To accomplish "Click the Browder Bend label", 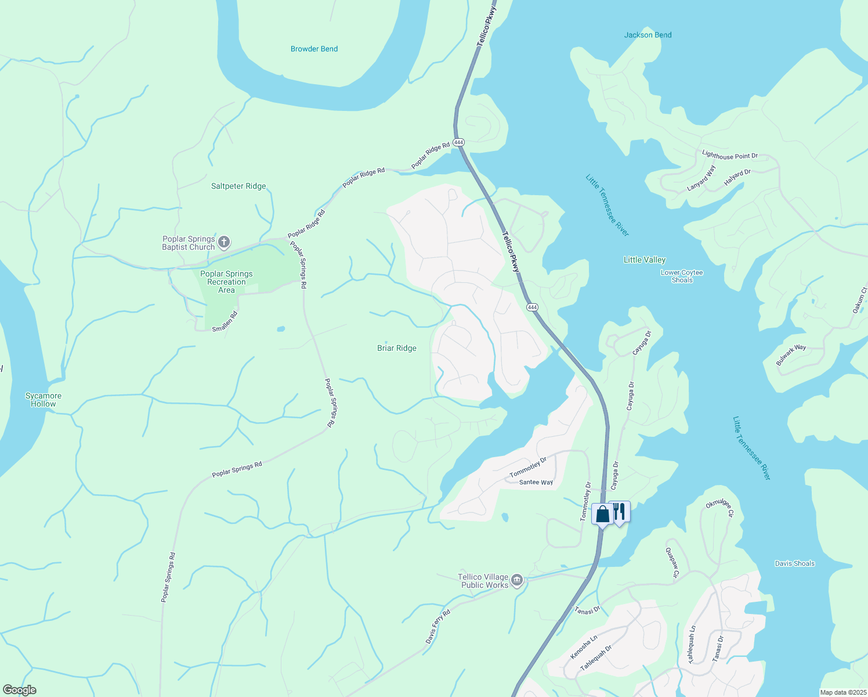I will tap(314, 49).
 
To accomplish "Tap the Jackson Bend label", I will tap(648, 35).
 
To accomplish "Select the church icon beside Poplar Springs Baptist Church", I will tap(224, 242).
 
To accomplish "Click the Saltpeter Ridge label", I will tap(238, 186).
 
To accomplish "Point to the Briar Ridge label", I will tap(397, 348).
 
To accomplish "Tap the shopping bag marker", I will tap(603, 514).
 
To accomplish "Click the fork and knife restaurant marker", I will tap(620, 511).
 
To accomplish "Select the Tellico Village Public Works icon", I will tap(516, 580).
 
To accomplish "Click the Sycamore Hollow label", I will tap(44, 400).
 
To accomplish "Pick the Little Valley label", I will tap(645, 260).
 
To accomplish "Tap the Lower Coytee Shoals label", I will tap(682, 276).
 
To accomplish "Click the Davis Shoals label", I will tap(794, 563).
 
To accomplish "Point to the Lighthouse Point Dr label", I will tap(729, 156).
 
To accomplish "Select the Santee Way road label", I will tap(536, 483).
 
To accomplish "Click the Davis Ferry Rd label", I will tap(438, 627).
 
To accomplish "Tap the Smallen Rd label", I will tap(225, 322).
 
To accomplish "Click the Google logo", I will tap(19, 690).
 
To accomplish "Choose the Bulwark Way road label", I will tap(791, 355).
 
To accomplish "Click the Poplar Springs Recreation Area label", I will tap(226, 282).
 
